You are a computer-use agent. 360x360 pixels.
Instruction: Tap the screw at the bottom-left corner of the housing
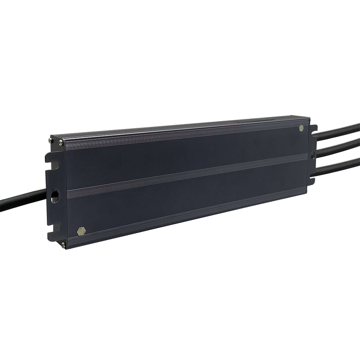click(x=63, y=244)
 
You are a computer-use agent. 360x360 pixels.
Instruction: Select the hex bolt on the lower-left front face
click(x=81, y=231)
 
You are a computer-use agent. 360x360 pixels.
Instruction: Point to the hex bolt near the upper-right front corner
click(x=301, y=128)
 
